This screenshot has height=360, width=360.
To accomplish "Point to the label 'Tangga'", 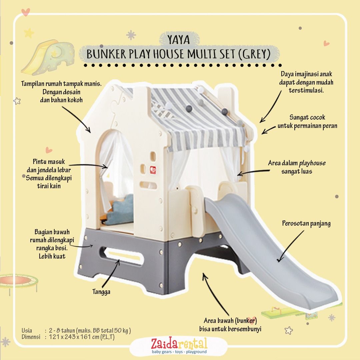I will click(x=101, y=292).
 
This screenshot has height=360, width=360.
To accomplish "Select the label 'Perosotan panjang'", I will click(x=306, y=223).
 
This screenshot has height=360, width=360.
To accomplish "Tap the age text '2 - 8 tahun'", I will click(x=62, y=330).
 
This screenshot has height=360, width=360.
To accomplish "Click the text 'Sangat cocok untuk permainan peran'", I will click(x=307, y=122).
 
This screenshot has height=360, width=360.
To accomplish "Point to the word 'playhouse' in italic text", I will click(x=312, y=163).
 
